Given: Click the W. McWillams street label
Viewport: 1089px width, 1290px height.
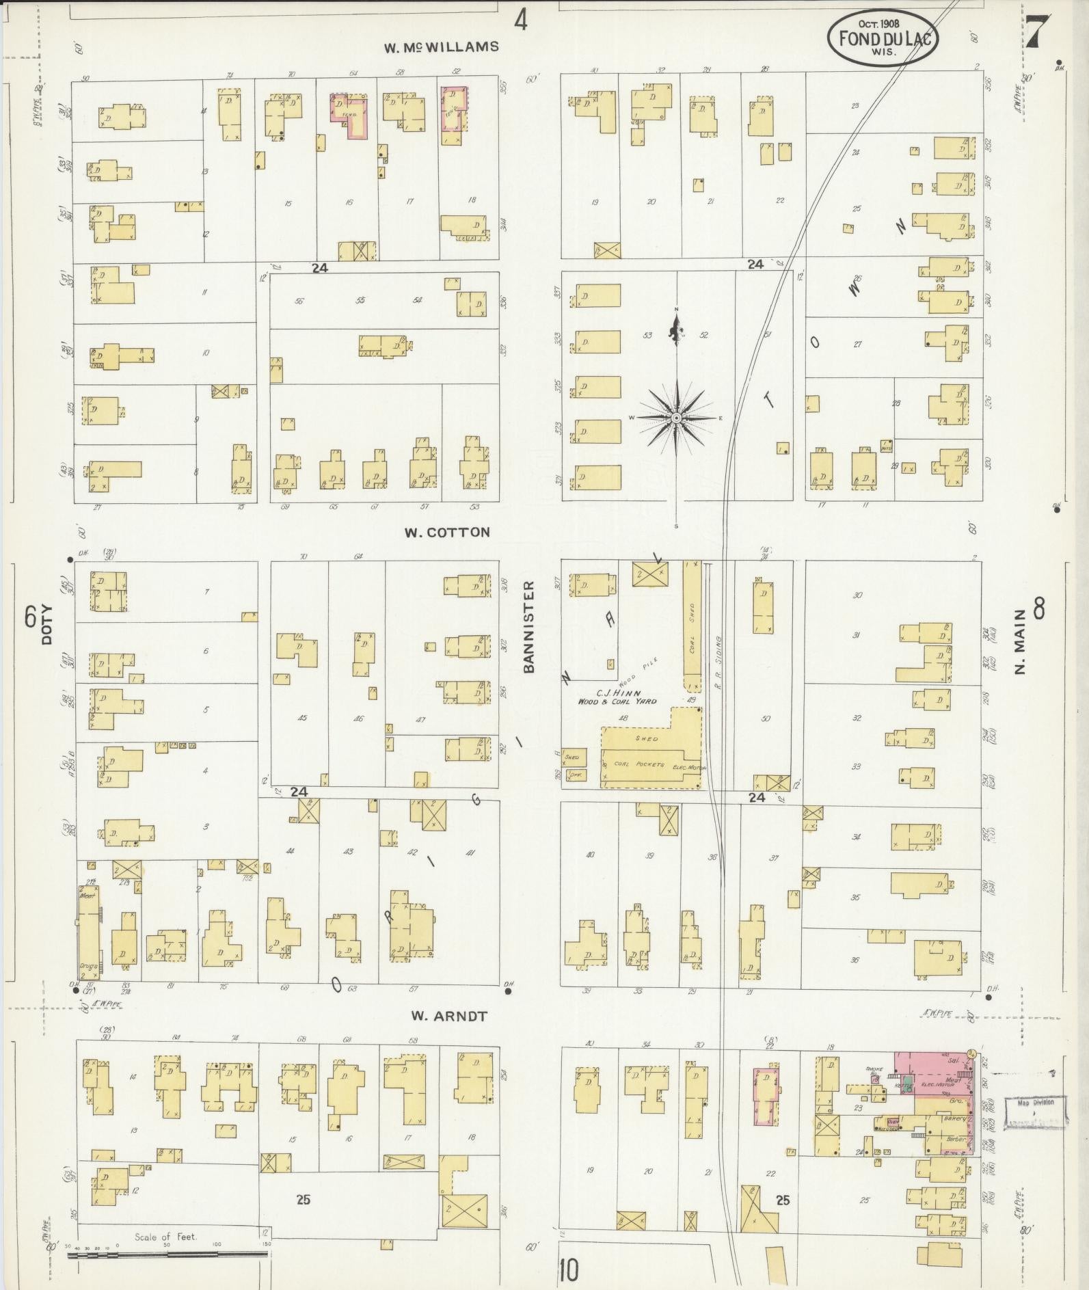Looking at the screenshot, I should pos(441,48).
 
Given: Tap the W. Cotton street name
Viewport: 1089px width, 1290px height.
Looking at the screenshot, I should pos(447,533).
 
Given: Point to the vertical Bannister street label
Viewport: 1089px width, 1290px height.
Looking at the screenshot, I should pos(528,628).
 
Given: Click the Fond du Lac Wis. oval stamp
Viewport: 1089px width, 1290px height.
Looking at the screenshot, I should pos(882,40).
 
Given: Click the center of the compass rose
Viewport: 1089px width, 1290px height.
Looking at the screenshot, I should pos(676,418).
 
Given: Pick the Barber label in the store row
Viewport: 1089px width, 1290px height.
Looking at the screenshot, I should pos(955,1139).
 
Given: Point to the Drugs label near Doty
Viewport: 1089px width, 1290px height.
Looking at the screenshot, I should pos(87,965).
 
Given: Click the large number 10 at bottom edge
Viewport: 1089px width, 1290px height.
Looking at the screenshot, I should pos(568,1270).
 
